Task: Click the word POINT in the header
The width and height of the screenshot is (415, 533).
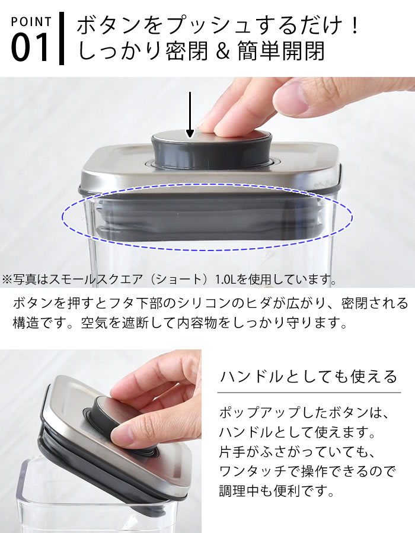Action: pyautogui.click(x=31, y=22)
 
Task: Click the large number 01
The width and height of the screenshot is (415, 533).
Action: pyautogui.click(x=31, y=48)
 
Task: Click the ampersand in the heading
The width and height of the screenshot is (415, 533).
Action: pyautogui.click(x=222, y=51)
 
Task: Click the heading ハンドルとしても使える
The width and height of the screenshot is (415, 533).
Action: pyautogui.click(x=308, y=376)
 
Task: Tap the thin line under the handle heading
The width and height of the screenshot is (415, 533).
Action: pyautogui.click(x=308, y=392)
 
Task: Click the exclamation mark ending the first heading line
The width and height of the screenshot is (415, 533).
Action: pyautogui.click(x=354, y=26)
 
